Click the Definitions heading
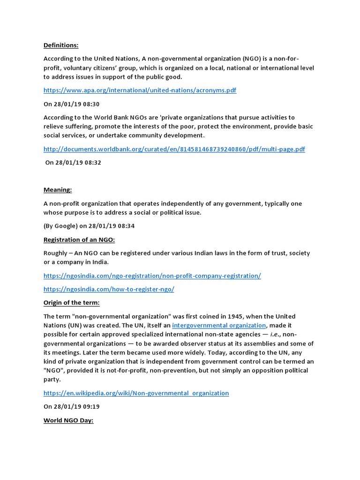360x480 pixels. click(x=61, y=45)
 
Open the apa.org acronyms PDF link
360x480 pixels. click(x=140, y=90)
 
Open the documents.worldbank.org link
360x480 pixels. click(x=174, y=149)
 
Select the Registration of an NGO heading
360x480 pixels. click(x=79, y=240)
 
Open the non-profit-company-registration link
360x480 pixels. click(x=152, y=276)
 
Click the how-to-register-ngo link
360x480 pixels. click(x=109, y=289)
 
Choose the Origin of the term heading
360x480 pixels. click(x=71, y=303)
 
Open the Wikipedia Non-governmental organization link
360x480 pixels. click(x=136, y=393)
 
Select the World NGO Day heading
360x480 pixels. click(x=68, y=420)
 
